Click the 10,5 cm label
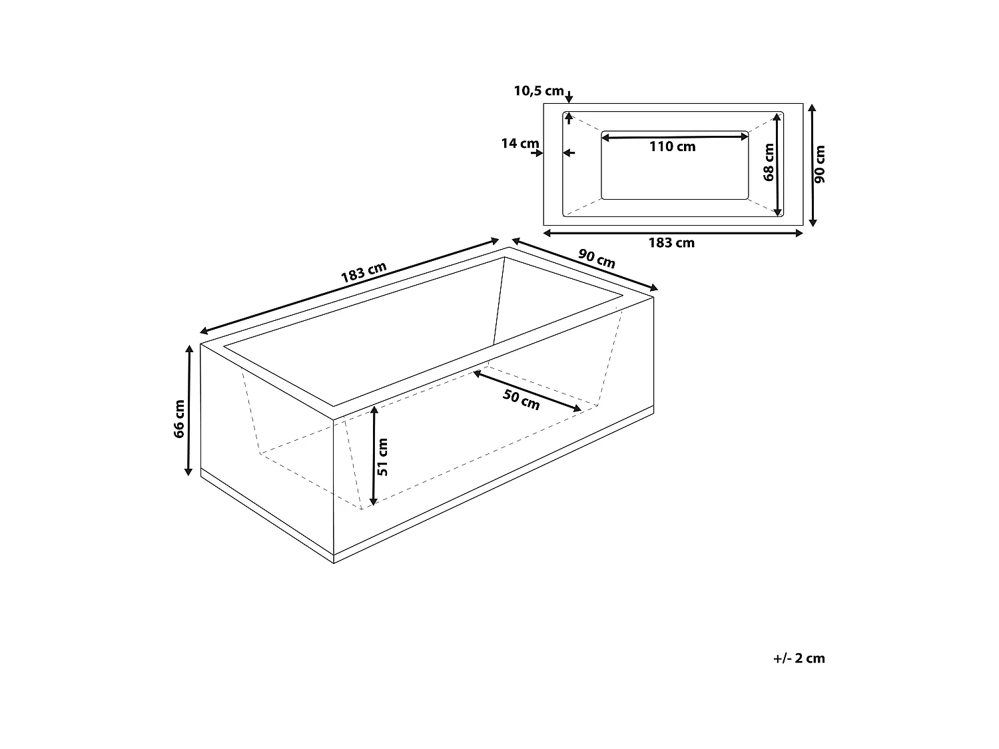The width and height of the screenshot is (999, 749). tap(539, 91)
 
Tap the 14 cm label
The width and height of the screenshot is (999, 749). tap(520, 143)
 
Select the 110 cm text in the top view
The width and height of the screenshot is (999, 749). tap(673, 147)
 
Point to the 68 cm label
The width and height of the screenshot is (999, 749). tap(769, 163)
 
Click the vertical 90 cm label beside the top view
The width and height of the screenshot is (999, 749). tap(821, 164)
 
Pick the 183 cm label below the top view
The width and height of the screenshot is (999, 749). tap(671, 243)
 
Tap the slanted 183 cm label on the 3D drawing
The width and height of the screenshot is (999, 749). tap(364, 273)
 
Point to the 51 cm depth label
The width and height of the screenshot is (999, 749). tap(384, 456)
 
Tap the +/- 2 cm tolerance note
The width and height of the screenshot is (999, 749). tap(799, 658)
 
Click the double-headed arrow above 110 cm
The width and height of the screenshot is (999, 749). tap(675, 138)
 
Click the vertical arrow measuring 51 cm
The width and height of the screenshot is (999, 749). tap(374, 455)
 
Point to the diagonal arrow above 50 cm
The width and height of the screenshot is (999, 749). tap(527, 391)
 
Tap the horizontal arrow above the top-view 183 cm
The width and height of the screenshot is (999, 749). tap(673, 232)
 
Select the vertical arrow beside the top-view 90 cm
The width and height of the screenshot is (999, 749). tap(812, 164)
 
